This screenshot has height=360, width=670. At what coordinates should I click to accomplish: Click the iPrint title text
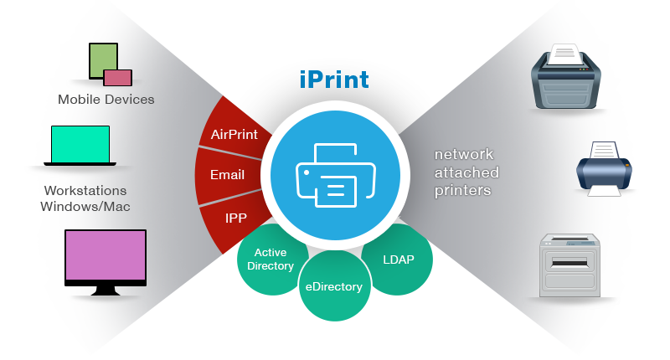coord(334,81)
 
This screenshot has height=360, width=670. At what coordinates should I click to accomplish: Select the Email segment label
coord(228,175)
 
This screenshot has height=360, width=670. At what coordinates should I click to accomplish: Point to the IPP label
coord(235,218)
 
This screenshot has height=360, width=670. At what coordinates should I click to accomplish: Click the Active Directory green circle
coord(271,259)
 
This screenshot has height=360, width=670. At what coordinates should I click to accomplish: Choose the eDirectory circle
coord(334,287)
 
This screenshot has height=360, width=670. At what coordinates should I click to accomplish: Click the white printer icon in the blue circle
coord(334,175)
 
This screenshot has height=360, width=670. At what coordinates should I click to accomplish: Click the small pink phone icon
coord(118,78)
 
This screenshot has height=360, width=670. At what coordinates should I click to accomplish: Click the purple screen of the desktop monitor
coord(106,258)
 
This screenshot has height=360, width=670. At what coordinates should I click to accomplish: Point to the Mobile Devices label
coord(106,100)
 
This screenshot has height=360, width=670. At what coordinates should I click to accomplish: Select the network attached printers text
coord(466,172)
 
